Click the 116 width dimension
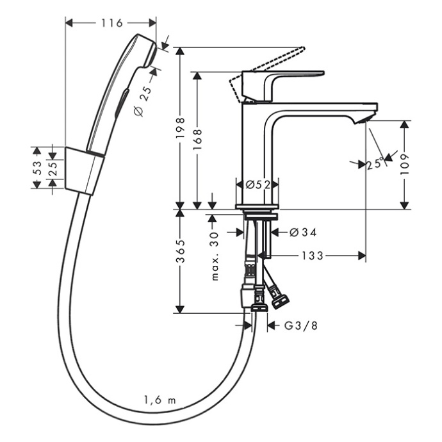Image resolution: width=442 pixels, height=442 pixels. click(112, 23)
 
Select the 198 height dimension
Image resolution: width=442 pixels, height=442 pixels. click(181, 127)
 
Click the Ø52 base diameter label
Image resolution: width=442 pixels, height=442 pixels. click(257, 184)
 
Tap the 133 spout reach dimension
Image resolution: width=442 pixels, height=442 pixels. click(313, 256)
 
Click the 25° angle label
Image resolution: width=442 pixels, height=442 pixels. click(375, 163)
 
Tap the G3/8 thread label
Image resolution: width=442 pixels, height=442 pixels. click(301, 325)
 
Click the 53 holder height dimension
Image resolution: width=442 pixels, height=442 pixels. click(37, 168)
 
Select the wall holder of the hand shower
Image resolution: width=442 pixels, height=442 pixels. click(83, 169)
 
